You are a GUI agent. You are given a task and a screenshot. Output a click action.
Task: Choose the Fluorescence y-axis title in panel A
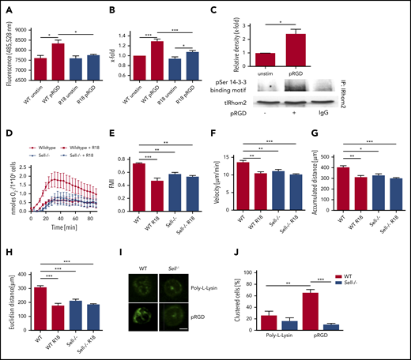tap(7, 51)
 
